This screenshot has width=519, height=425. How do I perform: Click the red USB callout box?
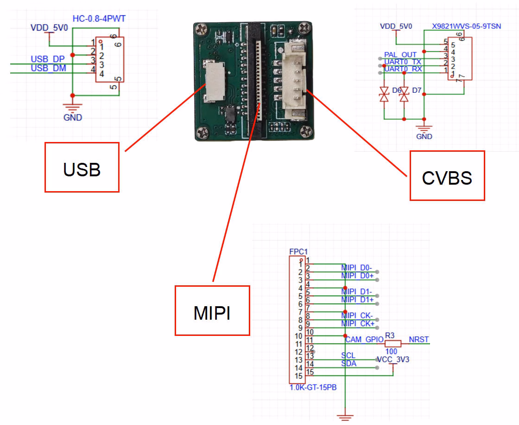[82, 167]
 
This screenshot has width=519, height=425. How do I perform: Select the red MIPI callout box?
[212, 310]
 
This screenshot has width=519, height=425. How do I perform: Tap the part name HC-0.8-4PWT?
[99, 19]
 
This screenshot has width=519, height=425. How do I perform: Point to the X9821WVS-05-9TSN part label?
[466, 26]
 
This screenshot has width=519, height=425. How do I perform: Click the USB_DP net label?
[48, 59]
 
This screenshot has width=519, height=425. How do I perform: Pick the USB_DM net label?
[48, 69]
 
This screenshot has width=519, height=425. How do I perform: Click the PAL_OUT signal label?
[400, 55]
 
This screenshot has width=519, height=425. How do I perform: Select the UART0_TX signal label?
[403, 62]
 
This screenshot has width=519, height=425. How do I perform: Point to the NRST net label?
[418, 340]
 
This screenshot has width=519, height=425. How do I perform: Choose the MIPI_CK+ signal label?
[358, 323]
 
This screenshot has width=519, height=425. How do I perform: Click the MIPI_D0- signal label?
[357, 268]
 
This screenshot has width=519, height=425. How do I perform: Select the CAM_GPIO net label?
[364, 340]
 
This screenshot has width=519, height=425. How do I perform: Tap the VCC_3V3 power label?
[393, 359]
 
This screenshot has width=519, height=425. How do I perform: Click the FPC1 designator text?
[298, 252]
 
